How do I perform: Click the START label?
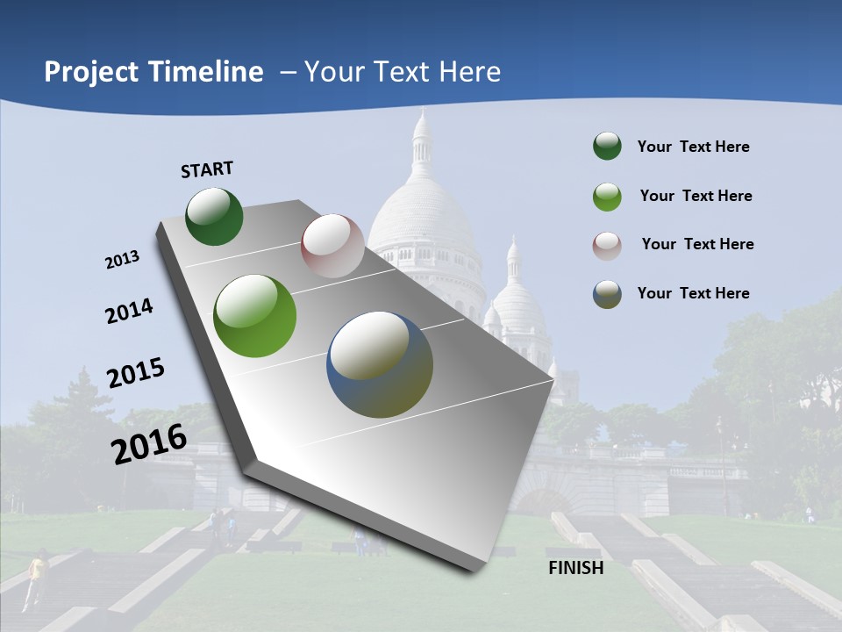coord(207,169)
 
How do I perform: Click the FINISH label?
coord(575,568)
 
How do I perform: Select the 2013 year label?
coord(123,259)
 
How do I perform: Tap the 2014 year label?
coord(129,312)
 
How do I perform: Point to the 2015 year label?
coord(136,373)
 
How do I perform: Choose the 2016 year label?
coord(149,443)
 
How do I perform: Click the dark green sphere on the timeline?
coord(215,216)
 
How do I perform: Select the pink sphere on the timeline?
coord(332,246)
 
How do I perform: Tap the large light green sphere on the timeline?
coord(255,316)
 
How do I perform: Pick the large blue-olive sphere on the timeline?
coord(380,364)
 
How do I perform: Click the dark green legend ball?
coord(607,147)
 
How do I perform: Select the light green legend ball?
coord(607,197)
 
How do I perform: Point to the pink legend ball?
coord(607,245)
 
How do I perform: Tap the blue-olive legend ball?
coord(607,294)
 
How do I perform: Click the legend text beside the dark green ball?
coord(693,147)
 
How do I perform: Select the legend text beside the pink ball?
coord(697,244)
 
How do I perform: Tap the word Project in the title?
coord(92,72)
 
